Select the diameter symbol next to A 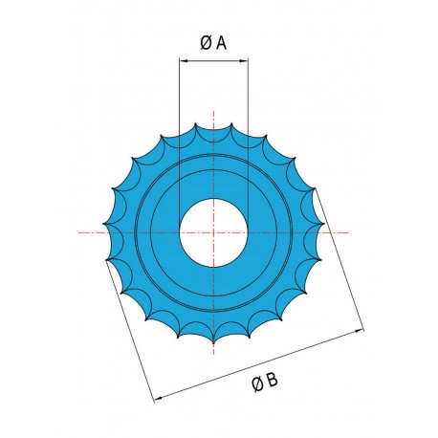(x=206, y=43)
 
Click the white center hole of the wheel (x=215, y=232)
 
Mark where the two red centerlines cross (x=215, y=232)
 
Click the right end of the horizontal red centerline (x=349, y=232)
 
